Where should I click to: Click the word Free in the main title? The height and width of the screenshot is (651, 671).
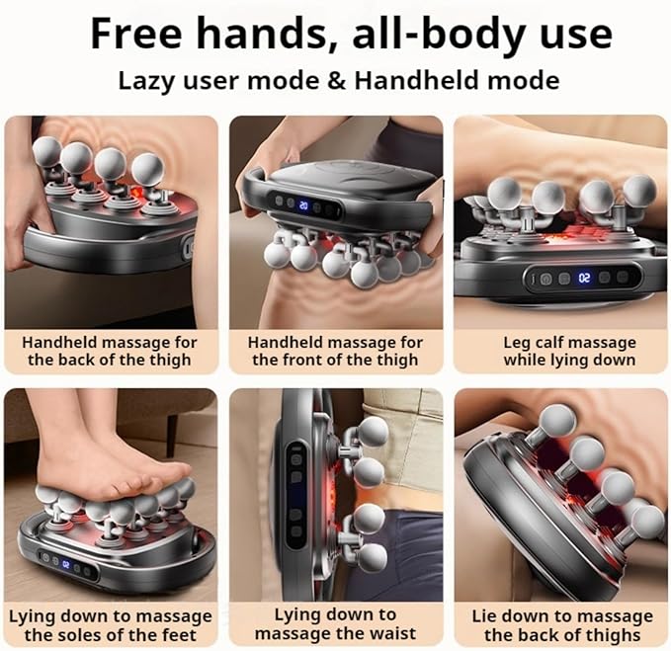tap(136, 34)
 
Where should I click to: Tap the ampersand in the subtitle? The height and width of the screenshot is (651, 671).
tap(337, 80)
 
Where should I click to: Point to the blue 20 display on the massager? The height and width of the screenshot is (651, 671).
tap(303, 205)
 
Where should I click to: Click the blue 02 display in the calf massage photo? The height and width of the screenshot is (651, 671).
tap(584, 278)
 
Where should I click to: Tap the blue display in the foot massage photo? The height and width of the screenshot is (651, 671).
tap(65, 564)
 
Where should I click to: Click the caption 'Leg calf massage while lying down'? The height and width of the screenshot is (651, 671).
tap(569, 351)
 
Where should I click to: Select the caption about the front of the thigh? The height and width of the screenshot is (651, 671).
tap(335, 351)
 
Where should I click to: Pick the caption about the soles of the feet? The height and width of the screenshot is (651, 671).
tap(111, 625)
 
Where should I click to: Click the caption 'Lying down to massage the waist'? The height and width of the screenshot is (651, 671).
tap(335, 624)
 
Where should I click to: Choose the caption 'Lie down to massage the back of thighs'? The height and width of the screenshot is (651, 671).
tap(562, 625)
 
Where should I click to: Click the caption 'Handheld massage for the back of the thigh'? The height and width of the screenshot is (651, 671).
tap(110, 351)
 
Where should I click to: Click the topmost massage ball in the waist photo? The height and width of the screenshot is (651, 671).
tap(372, 432)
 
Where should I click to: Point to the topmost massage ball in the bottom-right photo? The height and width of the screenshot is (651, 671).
tap(556, 420)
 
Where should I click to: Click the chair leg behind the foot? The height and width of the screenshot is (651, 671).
tap(172, 430)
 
